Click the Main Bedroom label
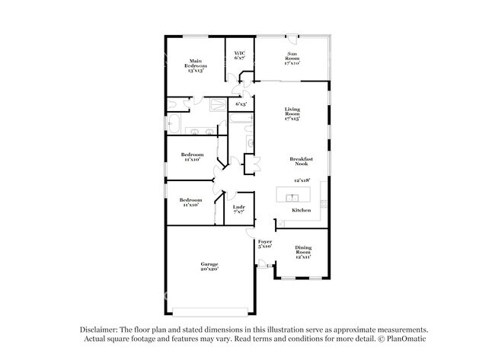click(196, 66)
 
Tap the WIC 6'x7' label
click(239, 56)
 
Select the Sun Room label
click(292, 58)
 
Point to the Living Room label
click(292, 114)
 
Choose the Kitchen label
click(302, 209)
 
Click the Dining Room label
click(303, 253)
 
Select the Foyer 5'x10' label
click(265, 244)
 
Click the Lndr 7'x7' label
click(238, 209)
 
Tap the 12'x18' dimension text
click(302, 180)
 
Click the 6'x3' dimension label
click(241, 104)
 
